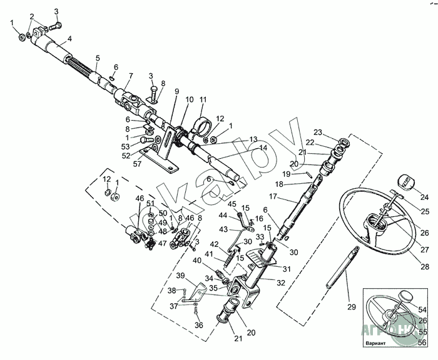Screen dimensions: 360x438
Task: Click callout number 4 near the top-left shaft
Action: point(69,39)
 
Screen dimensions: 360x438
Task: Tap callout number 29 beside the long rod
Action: point(351,306)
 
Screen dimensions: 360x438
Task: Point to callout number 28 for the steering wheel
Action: point(425,267)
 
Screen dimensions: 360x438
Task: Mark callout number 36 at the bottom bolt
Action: point(199,325)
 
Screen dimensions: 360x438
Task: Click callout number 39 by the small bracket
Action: point(180,276)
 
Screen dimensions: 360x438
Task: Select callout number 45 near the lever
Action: point(232,204)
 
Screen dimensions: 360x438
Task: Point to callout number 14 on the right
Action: point(263,147)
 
